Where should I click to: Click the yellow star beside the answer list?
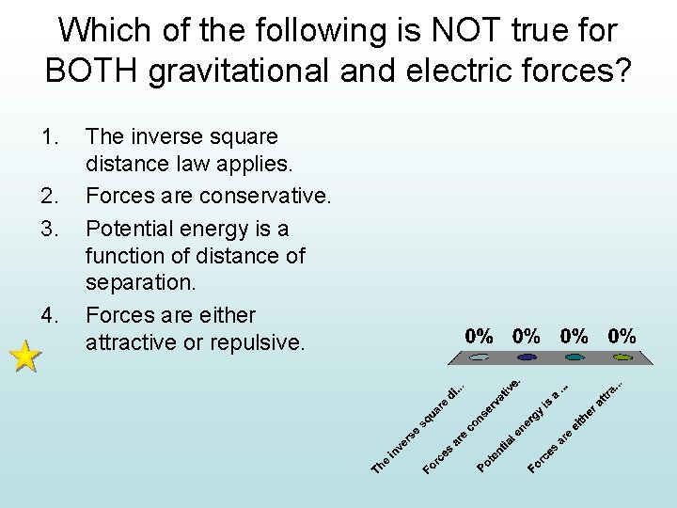tap(26, 357)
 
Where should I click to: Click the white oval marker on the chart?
tap(480, 357)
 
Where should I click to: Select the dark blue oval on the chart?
tap(527, 357)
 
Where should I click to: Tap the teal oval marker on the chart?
tap(575, 357)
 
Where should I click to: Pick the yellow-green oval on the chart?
tap(622, 357)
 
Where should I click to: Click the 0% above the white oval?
tap(480, 336)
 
